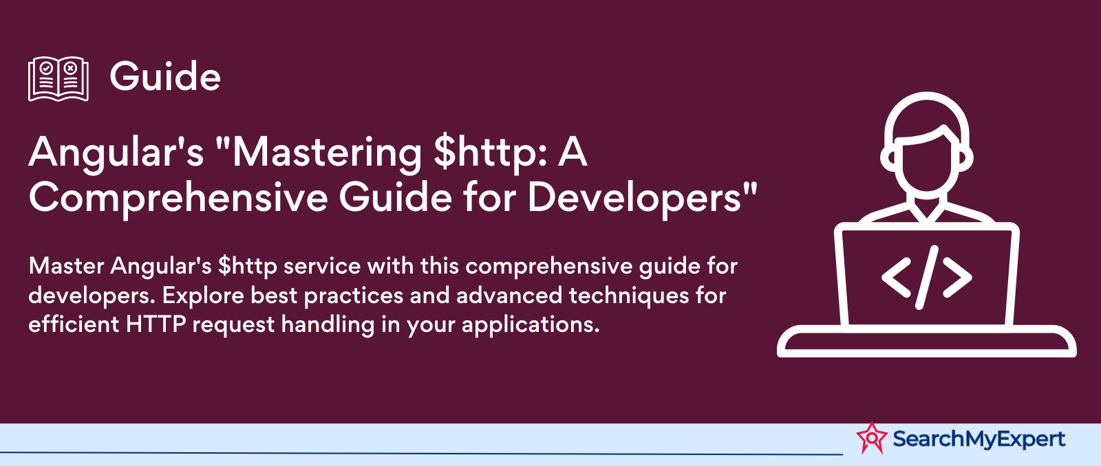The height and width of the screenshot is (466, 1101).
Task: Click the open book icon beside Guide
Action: pos(58,78)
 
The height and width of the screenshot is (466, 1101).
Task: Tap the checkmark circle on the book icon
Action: pos(46,68)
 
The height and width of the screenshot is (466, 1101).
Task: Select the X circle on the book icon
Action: pos(70,68)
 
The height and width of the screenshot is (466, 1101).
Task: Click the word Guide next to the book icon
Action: pos(165,76)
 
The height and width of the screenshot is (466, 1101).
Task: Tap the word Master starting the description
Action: pos(66,266)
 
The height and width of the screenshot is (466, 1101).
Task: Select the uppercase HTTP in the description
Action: pos(156,324)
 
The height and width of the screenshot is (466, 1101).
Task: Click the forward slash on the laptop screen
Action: pos(926,278)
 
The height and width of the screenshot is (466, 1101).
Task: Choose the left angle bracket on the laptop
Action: pos(896,278)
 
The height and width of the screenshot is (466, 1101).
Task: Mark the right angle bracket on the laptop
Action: pos(957,278)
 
